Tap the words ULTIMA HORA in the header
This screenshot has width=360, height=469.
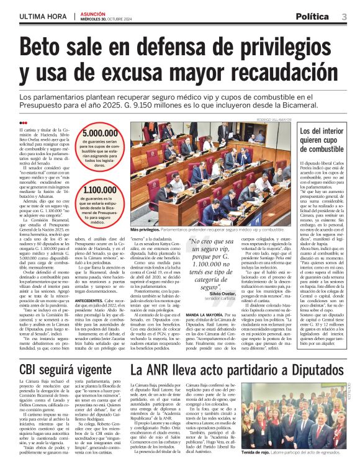pos(41,16)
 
